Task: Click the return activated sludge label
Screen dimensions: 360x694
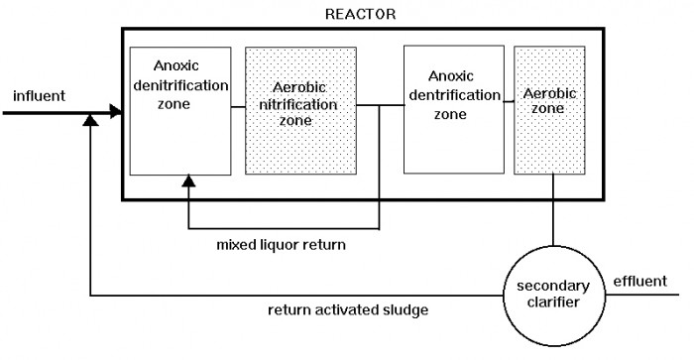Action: (347, 309)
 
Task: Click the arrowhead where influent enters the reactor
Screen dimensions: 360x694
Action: (118, 113)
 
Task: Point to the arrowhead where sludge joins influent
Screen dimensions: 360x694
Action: (90, 120)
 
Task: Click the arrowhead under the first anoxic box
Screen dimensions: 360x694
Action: (186, 182)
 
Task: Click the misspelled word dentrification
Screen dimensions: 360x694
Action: (451, 95)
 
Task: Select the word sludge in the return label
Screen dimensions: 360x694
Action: (405, 309)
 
